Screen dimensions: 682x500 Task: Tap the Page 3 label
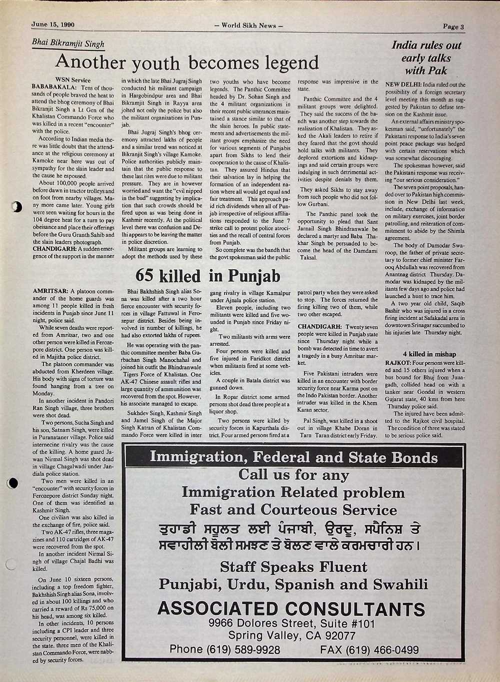point(453,27)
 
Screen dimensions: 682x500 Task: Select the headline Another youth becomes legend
point(187,63)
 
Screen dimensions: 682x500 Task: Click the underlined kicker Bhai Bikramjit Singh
point(68,44)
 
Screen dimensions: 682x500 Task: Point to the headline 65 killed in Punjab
point(208,276)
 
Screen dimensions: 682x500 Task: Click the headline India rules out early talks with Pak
point(426,58)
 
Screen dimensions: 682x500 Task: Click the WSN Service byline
point(73,80)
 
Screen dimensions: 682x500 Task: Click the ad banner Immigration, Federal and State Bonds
point(293,457)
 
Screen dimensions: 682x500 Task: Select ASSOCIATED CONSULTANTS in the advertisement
point(291,608)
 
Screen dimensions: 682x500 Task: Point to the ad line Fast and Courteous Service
point(293,510)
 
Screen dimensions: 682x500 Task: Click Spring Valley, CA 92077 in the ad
point(292,636)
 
